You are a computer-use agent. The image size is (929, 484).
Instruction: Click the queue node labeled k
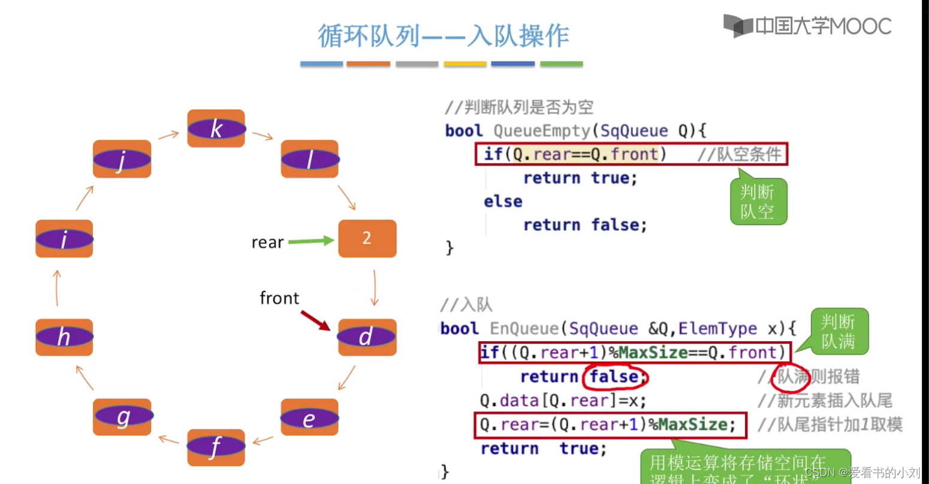click(216, 128)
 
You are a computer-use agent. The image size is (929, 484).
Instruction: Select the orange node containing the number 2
click(367, 239)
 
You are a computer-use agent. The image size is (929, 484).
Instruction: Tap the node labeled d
click(367, 337)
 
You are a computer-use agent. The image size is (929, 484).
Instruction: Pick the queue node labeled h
click(64, 337)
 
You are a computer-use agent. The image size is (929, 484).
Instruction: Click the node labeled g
click(122, 417)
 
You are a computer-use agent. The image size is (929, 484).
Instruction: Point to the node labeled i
click(64, 239)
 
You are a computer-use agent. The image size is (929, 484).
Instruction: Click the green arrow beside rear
click(310, 241)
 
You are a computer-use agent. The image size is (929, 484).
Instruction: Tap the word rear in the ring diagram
click(267, 242)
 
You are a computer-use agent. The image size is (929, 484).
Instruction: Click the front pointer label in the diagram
click(279, 298)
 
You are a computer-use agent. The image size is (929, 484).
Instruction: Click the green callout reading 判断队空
click(758, 202)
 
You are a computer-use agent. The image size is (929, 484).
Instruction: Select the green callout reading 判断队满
click(838, 332)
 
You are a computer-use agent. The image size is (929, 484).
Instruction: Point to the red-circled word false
click(615, 377)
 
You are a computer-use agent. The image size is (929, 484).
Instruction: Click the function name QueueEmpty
click(542, 131)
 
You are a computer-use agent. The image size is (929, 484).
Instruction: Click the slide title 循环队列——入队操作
click(443, 36)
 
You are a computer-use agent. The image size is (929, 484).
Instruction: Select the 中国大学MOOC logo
click(807, 26)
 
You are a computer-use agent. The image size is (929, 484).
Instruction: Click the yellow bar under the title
click(464, 64)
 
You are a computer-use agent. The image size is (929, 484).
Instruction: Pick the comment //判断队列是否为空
click(519, 107)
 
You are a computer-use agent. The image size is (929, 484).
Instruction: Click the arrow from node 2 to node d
click(375, 288)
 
